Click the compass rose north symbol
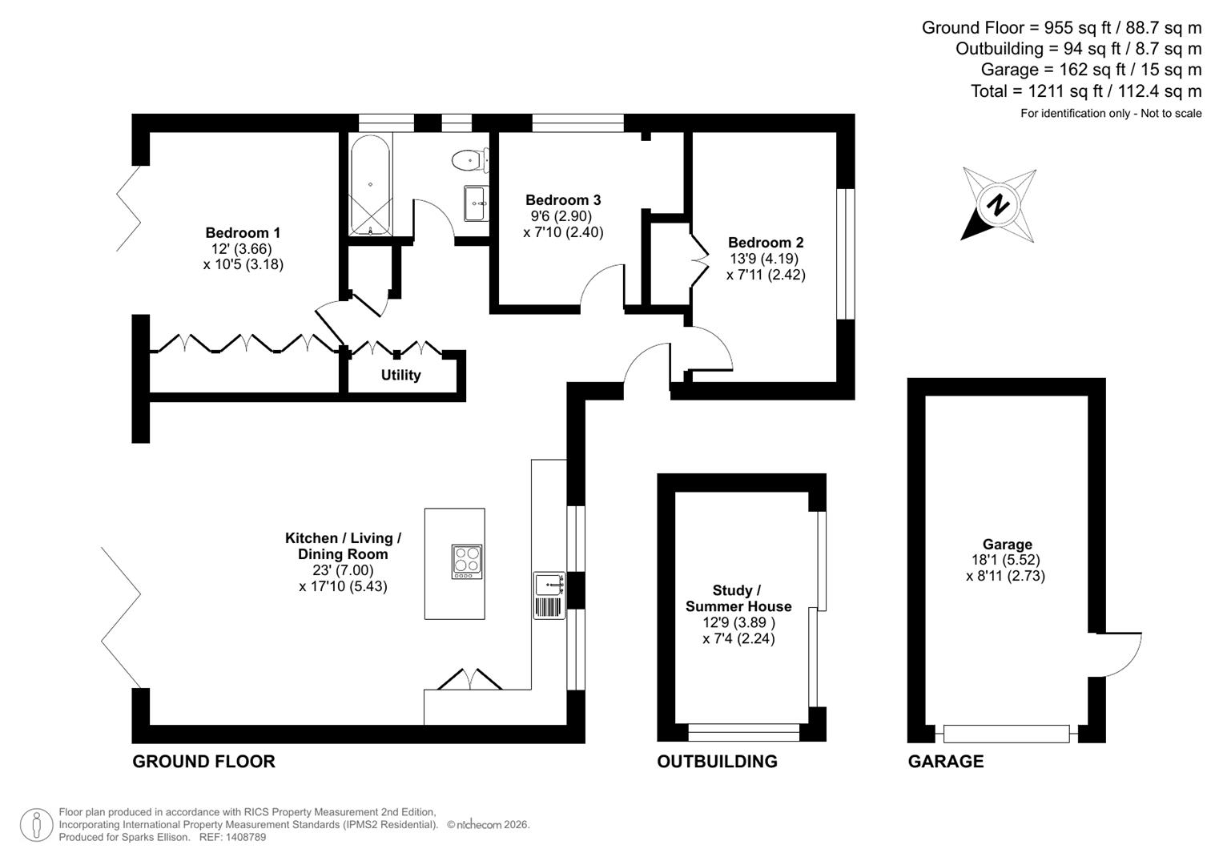tap(998, 205)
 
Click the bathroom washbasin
tap(476, 203)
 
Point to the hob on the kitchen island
tap(467, 561)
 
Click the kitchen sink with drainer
tap(549, 595)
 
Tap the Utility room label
tap(400, 375)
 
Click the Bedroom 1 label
tap(243, 233)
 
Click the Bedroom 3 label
tap(563, 200)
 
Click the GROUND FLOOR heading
tap(203, 762)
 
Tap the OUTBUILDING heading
tap(717, 762)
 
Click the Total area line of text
tap(1085, 91)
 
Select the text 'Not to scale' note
tap(1171, 114)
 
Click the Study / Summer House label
tap(738, 598)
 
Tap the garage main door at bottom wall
tap(1006, 733)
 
